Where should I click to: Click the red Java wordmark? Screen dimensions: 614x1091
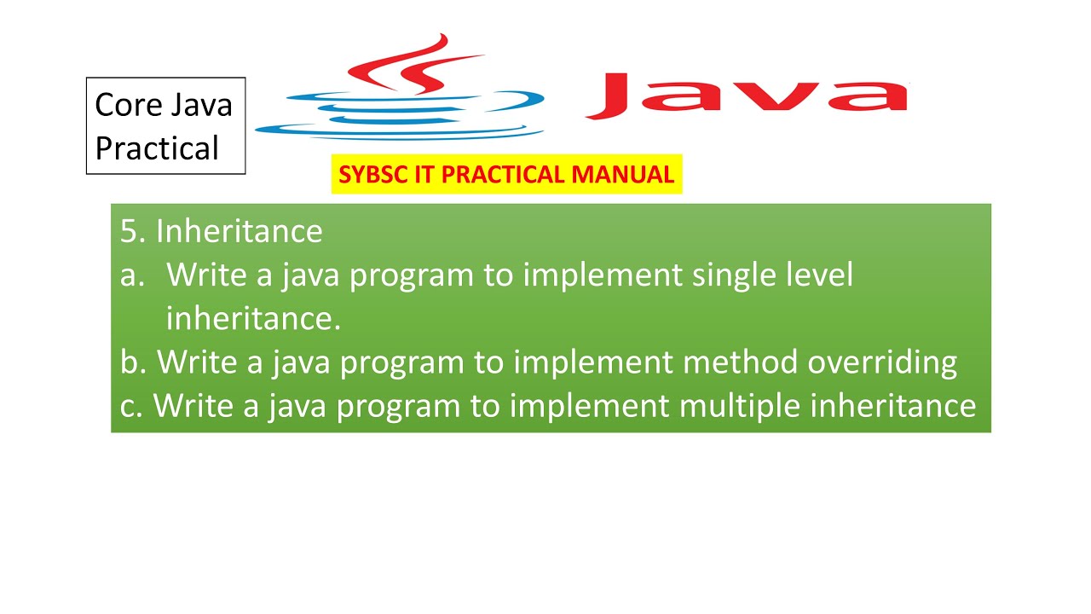[747, 96]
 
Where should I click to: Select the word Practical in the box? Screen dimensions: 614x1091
[157, 148]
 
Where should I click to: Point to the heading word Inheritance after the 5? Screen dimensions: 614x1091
[239, 231]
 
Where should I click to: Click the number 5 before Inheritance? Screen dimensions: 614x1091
[129, 231]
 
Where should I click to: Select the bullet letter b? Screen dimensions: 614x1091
[130, 362]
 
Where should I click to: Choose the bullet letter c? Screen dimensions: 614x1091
[130, 406]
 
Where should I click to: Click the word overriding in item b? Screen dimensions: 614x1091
[882, 362]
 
